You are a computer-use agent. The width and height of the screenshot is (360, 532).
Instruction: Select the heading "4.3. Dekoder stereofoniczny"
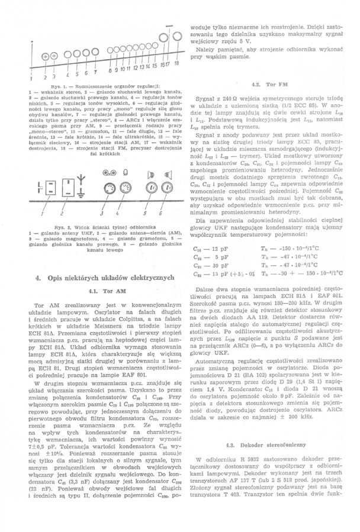[265, 444]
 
